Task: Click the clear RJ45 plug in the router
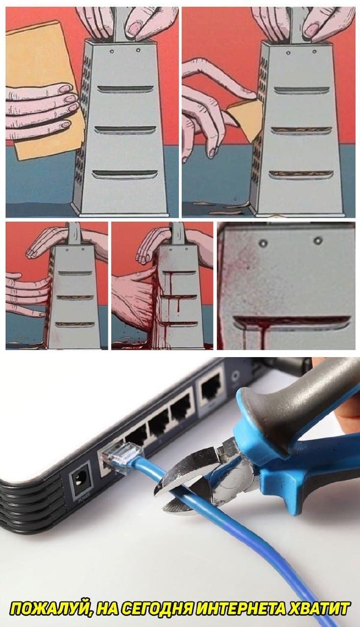(x=122, y=456)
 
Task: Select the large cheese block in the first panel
(x=42, y=90)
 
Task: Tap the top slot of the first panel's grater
(x=125, y=89)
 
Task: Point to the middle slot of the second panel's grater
(x=301, y=130)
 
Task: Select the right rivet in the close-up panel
(x=317, y=241)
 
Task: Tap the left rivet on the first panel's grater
(x=112, y=51)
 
